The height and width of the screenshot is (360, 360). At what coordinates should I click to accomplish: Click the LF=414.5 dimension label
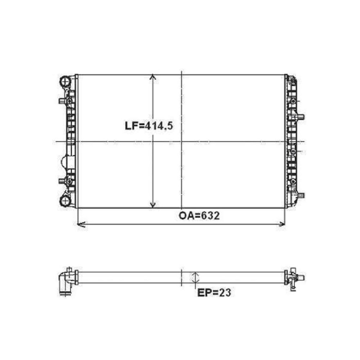[149, 126]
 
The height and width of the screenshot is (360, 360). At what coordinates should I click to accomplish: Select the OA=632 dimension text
[199, 216]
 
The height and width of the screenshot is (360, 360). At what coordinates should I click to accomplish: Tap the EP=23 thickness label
[214, 292]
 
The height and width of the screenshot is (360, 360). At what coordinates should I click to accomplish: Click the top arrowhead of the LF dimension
[153, 77]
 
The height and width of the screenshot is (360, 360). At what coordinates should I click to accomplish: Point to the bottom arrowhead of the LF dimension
[153, 205]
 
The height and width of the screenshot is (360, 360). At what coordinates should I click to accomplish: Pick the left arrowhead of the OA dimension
[81, 224]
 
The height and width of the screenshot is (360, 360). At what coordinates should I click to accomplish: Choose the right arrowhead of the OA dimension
[282, 224]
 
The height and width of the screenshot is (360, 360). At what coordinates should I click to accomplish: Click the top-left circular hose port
[65, 81]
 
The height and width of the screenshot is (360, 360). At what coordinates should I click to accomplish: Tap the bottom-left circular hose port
[65, 201]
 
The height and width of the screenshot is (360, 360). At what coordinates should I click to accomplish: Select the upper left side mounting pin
[62, 101]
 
